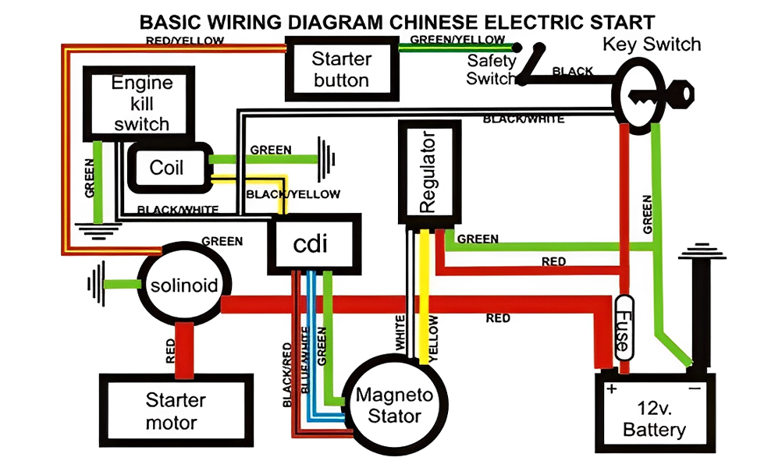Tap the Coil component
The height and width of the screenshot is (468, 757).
tap(166, 167)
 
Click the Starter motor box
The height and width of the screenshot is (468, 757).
tap(176, 411)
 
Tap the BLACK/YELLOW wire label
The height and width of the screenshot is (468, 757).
tap(293, 193)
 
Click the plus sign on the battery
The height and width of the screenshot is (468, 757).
tap(612, 388)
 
